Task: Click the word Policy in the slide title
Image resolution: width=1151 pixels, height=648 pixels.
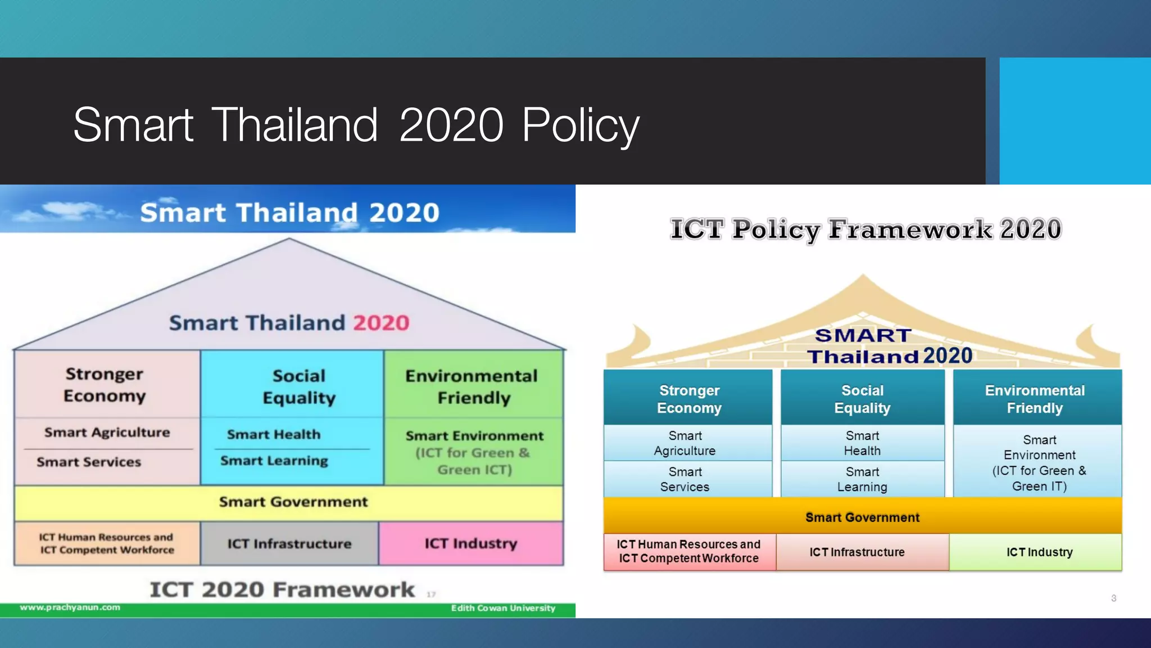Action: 580,125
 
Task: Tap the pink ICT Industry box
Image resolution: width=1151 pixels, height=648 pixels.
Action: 471,543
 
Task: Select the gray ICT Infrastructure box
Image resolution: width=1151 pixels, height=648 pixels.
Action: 289,543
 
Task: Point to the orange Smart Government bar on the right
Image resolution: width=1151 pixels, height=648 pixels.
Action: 862,517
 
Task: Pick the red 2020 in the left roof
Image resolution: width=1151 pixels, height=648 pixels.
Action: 381,323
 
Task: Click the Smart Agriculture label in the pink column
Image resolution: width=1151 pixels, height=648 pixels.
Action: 107,433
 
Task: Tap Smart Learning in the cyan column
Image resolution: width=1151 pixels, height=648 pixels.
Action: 274,461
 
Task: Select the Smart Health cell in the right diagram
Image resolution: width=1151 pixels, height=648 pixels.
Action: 862,443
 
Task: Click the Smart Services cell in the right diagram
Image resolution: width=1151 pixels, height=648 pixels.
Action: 685,479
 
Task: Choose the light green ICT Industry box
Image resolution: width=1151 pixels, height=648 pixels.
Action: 1039,552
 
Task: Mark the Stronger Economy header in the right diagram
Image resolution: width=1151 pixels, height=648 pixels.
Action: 689,399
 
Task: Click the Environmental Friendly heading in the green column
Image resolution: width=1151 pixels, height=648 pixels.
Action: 472,386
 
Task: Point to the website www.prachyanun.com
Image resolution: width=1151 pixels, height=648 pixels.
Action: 70,607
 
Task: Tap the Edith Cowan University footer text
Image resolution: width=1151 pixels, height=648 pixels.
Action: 503,608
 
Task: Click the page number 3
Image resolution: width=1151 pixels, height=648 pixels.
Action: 1113,598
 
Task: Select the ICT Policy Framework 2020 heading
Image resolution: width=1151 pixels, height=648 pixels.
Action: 865,229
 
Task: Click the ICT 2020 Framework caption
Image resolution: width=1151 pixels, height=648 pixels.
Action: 282,589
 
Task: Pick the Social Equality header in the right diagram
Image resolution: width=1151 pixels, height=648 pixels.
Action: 862,399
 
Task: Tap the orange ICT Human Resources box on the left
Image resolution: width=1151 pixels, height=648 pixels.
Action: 107,543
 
